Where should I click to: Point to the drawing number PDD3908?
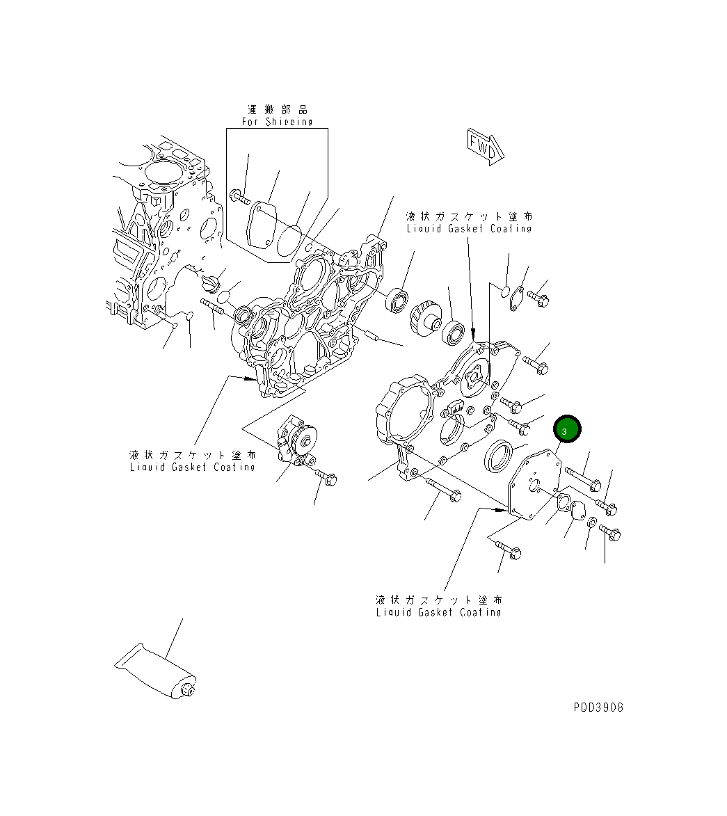[x=598, y=707]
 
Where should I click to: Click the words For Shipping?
[x=277, y=122]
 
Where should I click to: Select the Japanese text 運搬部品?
[x=277, y=109]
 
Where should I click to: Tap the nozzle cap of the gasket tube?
[x=186, y=689]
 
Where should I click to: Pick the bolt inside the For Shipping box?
[x=241, y=197]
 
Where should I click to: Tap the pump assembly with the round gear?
[x=297, y=443]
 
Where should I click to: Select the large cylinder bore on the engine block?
[x=165, y=171]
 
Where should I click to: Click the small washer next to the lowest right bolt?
[x=591, y=523]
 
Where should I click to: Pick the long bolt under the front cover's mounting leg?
[x=441, y=488]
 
